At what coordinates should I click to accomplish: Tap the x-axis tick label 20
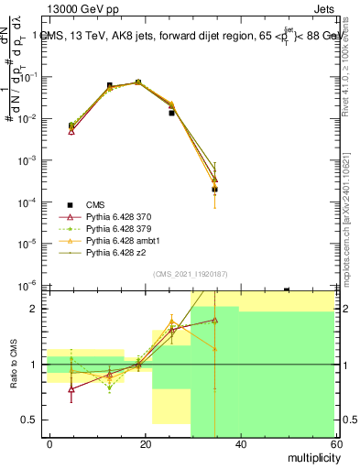click(145, 444)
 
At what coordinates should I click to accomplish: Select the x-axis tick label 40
click(239, 444)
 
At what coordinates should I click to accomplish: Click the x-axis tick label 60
click(333, 444)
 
